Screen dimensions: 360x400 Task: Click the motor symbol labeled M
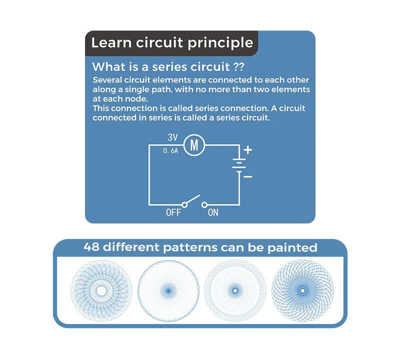pos(195,145)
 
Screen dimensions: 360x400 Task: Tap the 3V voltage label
pos(173,137)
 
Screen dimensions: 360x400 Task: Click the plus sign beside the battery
pos(248,149)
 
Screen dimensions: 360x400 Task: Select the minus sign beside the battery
pos(248,176)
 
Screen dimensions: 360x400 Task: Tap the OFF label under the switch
pos(173,213)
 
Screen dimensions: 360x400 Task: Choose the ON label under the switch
pos(213,213)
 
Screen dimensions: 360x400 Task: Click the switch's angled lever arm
pos(193,199)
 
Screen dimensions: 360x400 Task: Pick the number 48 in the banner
pos(92,247)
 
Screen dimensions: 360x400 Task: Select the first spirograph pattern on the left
pos(101,290)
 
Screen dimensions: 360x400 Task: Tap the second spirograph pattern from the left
pos(168,290)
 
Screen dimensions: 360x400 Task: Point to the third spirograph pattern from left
pos(235,290)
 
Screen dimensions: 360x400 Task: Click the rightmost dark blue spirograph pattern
pos(301,290)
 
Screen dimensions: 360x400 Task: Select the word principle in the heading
pos(220,43)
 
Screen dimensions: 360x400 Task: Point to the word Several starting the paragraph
pos(107,80)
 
